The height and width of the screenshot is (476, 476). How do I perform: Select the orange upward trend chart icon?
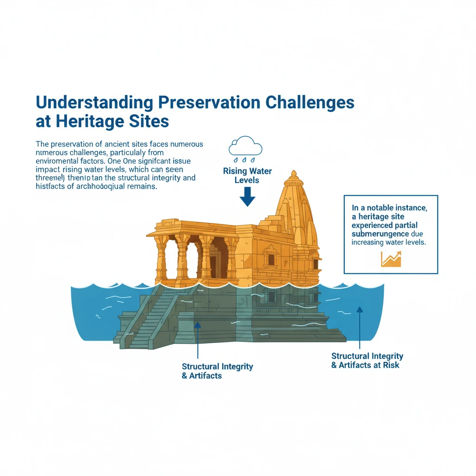click(x=390, y=258)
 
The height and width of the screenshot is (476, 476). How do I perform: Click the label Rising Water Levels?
click(x=247, y=175)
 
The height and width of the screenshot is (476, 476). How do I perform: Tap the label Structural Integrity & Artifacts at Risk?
click(x=367, y=360)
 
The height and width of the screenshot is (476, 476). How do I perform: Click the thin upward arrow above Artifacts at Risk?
click(x=359, y=327)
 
